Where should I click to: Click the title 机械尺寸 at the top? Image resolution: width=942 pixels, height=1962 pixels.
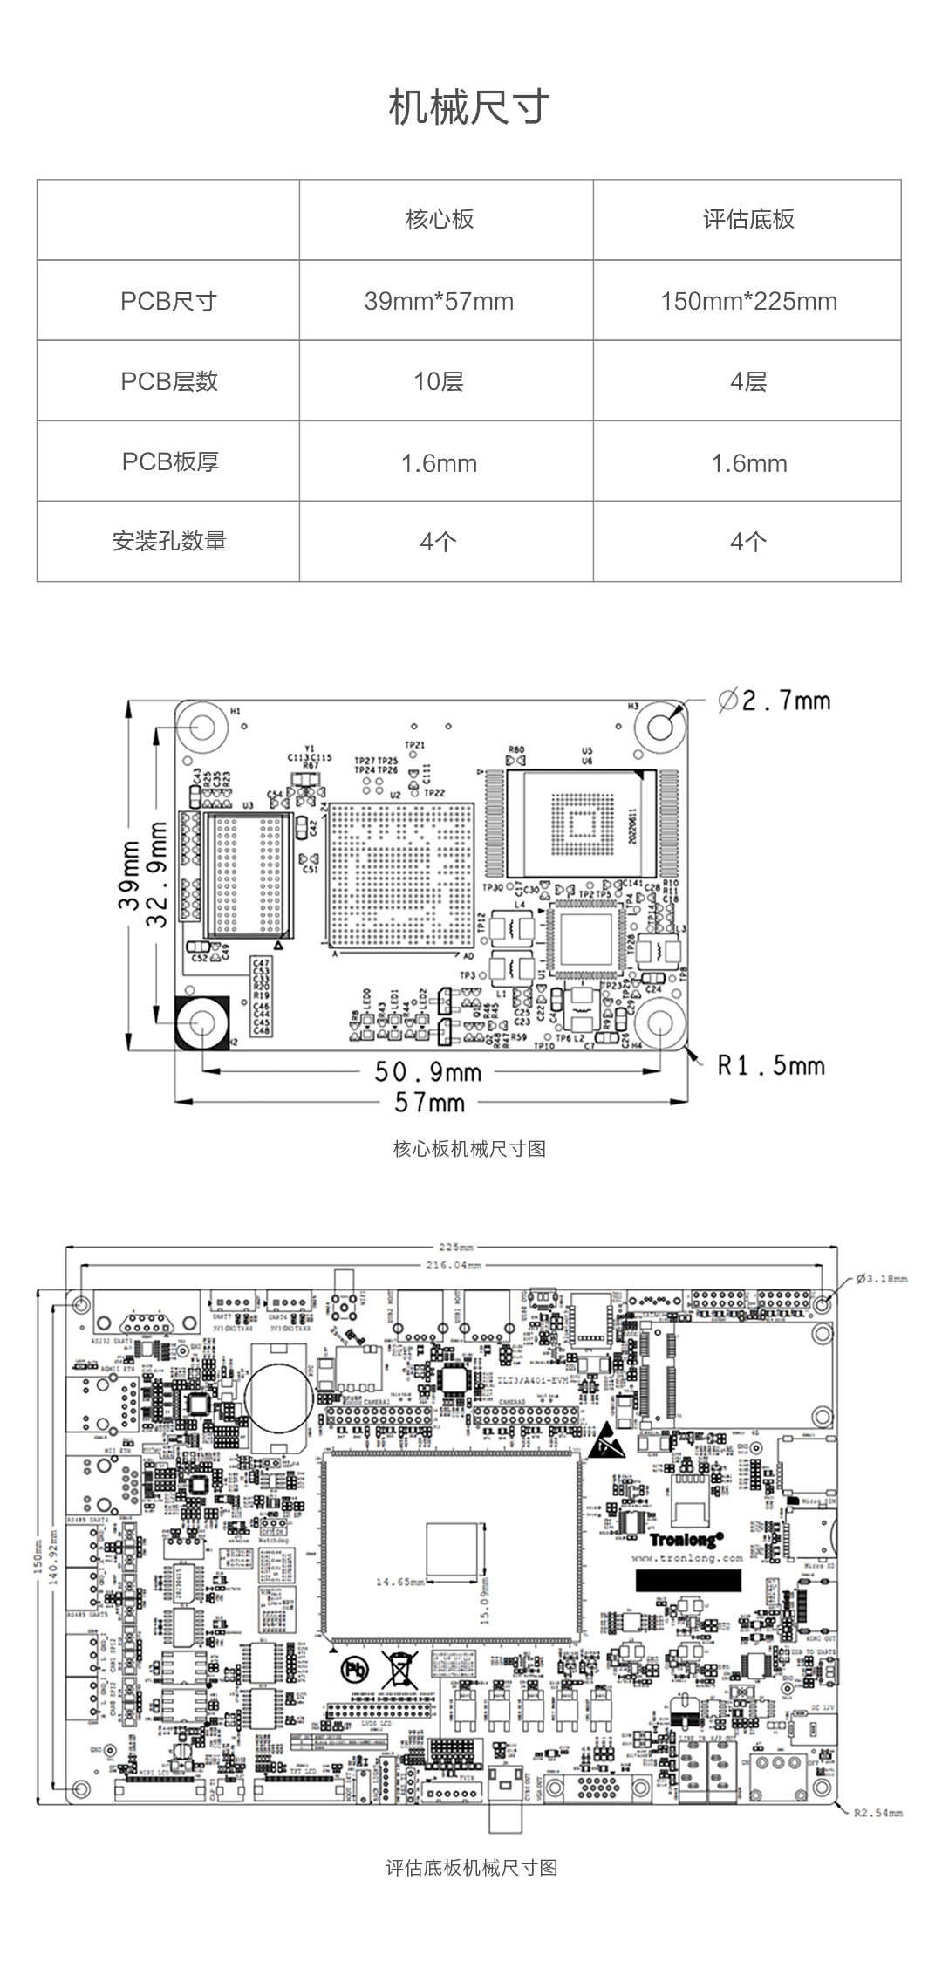[469, 107]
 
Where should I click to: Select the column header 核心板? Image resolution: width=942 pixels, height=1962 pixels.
[440, 219]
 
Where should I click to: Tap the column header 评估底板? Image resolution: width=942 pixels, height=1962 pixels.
[748, 219]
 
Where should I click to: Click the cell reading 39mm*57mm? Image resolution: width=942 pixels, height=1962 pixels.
[439, 301]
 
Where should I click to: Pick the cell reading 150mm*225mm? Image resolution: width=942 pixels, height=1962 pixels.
[748, 301]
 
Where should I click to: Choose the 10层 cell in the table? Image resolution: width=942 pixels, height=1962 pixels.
[439, 381]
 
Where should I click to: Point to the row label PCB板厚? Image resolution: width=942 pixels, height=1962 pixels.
[169, 461]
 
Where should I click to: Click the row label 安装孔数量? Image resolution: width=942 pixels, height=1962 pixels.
[169, 541]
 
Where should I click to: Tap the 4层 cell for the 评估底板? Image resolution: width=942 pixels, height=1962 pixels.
[748, 381]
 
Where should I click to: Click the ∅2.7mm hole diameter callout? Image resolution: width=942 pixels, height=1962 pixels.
[775, 701]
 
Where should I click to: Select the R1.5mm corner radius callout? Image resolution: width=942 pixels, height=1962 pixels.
[770, 1065]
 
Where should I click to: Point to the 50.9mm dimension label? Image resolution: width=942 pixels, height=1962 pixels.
[427, 1071]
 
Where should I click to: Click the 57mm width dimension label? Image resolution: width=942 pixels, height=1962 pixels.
[429, 1103]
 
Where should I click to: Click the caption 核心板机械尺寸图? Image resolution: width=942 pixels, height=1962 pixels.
[469, 1149]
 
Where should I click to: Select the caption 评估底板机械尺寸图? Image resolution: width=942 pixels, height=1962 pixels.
[471, 1868]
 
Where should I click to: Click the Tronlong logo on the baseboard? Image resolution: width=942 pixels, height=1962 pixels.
[686, 1540]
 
